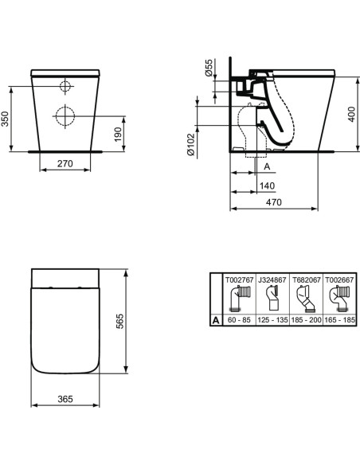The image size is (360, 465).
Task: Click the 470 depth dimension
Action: [x=274, y=204]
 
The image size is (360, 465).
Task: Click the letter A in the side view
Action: [x=267, y=166]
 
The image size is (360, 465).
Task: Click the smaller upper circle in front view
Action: [x=65, y=86]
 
